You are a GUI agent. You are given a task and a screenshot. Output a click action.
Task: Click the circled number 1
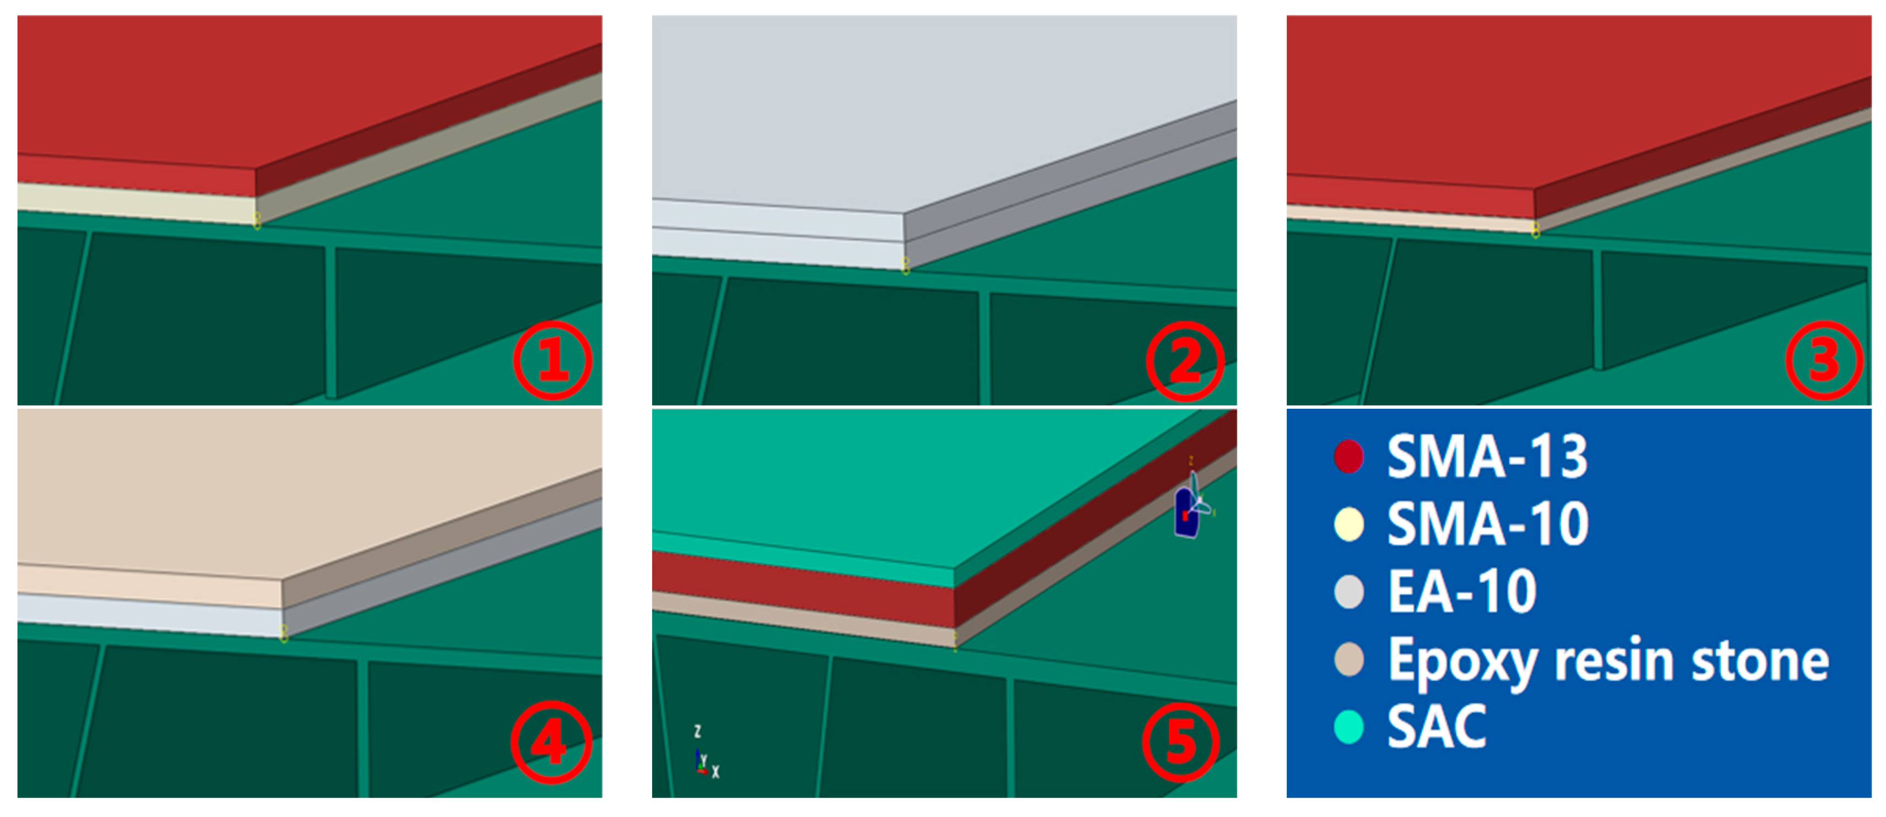552,360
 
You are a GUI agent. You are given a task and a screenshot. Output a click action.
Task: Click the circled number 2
1185,361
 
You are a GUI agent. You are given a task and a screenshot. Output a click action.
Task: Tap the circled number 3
1824,361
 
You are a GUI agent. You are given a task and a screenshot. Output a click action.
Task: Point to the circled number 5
1181,743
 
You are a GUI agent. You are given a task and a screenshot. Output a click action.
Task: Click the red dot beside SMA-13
1348,457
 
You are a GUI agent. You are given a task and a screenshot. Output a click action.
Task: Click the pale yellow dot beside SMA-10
1348,524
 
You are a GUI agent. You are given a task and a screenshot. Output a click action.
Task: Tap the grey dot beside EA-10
1348,592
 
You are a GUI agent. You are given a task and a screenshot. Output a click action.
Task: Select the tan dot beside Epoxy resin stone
1348,659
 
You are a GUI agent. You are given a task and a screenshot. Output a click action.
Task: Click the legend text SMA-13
1487,457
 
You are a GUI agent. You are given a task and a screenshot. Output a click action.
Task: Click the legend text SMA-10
1487,524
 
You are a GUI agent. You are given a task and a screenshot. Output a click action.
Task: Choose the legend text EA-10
1461,592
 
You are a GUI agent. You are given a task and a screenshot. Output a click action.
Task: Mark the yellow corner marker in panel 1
257,220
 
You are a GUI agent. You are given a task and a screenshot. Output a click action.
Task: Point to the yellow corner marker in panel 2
906,266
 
